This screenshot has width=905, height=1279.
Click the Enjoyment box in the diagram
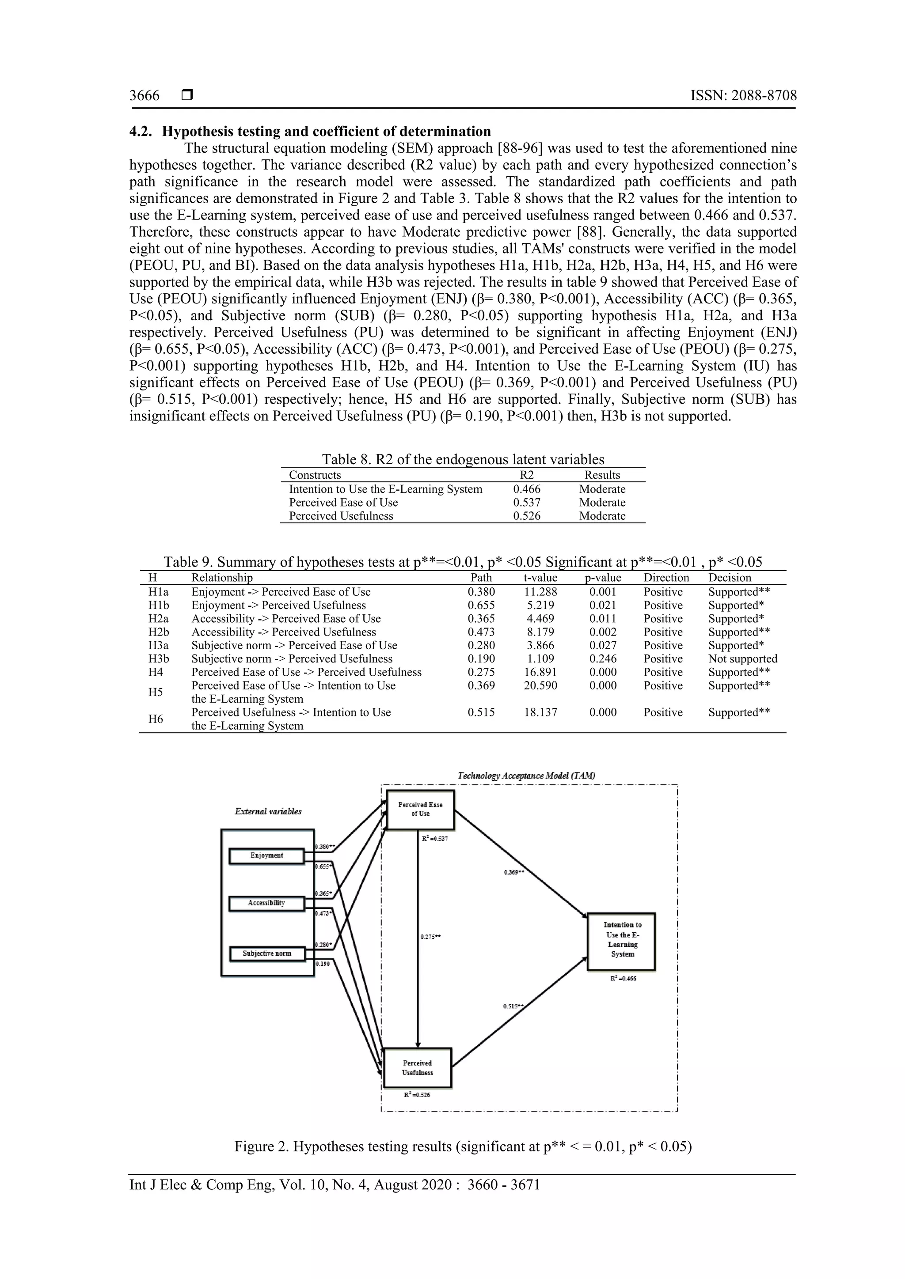click(266, 855)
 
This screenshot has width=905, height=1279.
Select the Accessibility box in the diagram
click(266, 903)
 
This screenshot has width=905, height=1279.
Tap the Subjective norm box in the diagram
click(266, 953)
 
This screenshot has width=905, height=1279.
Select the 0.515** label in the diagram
click(513, 1006)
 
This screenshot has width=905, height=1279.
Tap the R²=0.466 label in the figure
click(623, 978)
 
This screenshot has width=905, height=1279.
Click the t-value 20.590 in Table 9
click(540, 686)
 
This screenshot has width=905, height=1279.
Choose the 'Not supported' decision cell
click(742, 659)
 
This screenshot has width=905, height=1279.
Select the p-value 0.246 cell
click(603, 659)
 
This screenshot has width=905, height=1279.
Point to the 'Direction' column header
click(666, 578)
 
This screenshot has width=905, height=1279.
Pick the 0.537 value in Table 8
click(527, 503)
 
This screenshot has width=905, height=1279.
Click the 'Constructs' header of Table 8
click(315, 475)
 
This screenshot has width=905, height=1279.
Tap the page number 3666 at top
click(144, 96)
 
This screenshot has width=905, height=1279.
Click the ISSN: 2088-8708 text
click(743, 96)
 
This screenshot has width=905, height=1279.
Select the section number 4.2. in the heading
click(142, 132)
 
